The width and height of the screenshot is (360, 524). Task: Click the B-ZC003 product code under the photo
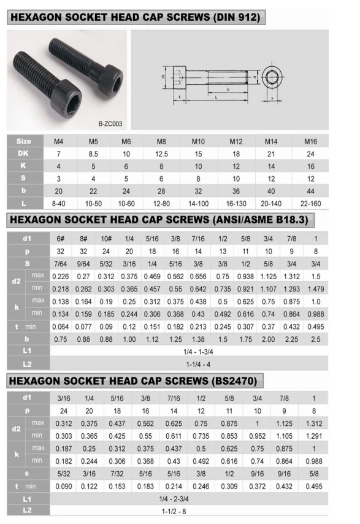click(110, 123)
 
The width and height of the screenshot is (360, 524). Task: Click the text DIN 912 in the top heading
click(238, 17)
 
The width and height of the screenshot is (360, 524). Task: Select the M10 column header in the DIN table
click(197, 141)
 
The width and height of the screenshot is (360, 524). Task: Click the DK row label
click(23, 153)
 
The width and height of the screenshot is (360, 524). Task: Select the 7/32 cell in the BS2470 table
click(117, 474)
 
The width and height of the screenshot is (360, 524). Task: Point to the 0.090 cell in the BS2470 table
click(64, 486)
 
